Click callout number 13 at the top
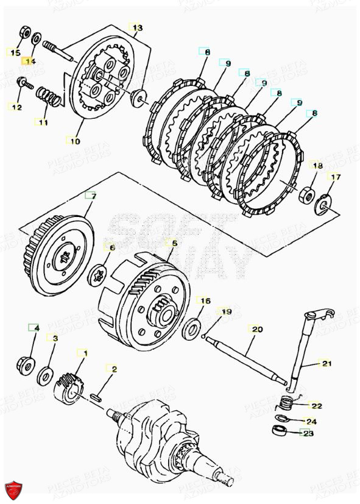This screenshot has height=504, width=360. [x=137, y=28]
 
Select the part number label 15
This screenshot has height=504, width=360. [x=15, y=53]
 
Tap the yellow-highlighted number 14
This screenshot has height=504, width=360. [x=30, y=62]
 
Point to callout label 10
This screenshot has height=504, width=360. [x=74, y=141]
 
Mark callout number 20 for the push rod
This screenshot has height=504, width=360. [x=256, y=330]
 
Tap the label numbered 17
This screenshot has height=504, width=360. [x=334, y=177]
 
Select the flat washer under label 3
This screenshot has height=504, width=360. [x=46, y=375]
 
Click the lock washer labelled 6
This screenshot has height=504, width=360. [x=97, y=275]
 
